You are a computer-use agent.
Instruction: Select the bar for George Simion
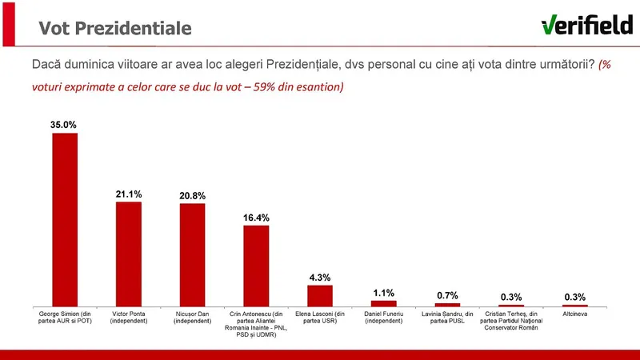coord(65,219)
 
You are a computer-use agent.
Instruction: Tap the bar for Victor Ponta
coord(129,254)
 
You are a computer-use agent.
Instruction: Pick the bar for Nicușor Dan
coord(192,254)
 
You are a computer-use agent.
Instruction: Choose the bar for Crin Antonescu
coord(256,266)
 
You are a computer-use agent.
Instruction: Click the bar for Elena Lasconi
coord(320,295)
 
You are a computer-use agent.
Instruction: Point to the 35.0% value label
coord(65,125)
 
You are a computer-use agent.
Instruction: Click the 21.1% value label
coord(129,194)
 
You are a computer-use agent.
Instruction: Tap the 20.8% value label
coord(192,195)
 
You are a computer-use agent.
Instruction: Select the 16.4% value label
coord(256,217)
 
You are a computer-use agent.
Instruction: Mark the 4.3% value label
coord(320,277)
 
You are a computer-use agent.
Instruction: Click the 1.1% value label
coord(383,293)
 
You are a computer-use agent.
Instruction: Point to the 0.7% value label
coord(447,295)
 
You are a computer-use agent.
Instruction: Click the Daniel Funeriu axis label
coord(383,318)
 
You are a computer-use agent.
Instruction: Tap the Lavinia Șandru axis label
coord(447,318)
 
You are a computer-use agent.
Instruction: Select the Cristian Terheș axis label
coord(511,322)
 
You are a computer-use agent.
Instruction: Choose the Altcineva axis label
coord(574,314)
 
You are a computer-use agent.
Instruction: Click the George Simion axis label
coord(65,318)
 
